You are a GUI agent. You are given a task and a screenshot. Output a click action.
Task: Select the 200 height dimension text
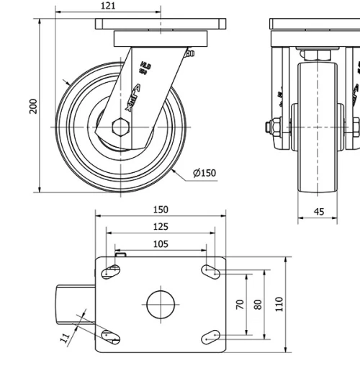(x=32, y=106)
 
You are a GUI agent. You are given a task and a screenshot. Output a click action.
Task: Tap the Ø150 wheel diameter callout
(x=204, y=172)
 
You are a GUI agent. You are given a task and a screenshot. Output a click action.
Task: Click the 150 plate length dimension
(x=161, y=210)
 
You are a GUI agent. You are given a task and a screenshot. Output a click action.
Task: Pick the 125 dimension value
(x=161, y=227)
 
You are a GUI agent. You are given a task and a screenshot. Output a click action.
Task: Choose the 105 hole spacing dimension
(x=161, y=244)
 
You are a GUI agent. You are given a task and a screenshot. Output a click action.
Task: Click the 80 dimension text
(x=258, y=305)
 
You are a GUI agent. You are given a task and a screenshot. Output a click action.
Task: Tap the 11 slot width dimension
(x=65, y=336)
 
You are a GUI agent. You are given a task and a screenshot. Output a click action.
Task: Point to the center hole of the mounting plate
(x=161, y=304)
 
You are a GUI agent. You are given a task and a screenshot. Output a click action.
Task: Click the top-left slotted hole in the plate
(x=112, y=272)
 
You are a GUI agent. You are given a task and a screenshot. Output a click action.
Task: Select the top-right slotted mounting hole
(x=210, y=272)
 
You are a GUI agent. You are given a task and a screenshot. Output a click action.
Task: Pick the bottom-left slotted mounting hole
(x=109, y=335)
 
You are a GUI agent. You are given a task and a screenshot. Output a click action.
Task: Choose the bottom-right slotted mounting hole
(x=210, y=336)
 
